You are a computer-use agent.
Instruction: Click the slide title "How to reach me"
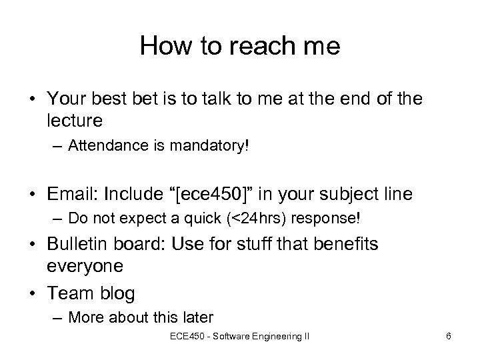(240, 47)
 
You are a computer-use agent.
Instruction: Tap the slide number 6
(449, 337)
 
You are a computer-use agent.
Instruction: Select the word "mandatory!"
(217, 146)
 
